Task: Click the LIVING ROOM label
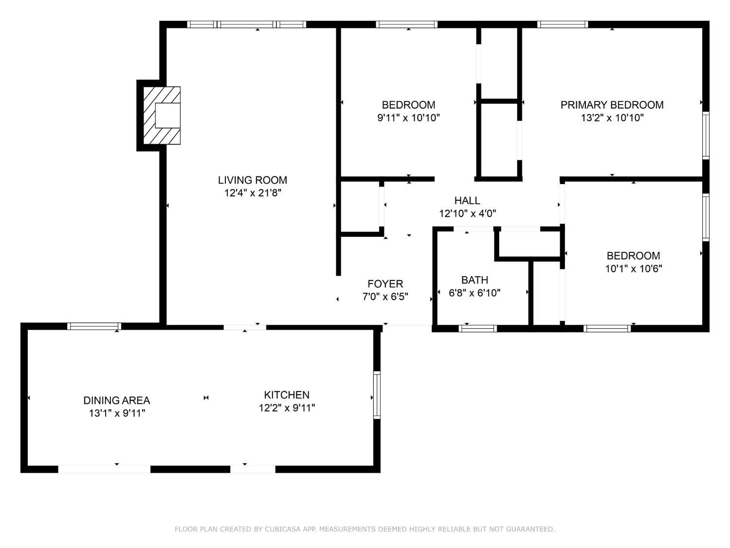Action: click(252, 180)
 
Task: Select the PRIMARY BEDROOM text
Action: click(612, 105)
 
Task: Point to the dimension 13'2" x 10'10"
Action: click(612, 118)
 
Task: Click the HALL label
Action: click(467, 201)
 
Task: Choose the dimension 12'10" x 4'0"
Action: click(467, 213)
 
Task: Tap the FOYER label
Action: click(385, 284)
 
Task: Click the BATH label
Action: click(474, 280)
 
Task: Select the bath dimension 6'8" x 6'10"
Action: click(474, 293)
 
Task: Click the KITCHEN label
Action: click(287, 395)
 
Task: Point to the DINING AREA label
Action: click(117, 400)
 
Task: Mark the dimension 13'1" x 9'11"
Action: click(117, 413)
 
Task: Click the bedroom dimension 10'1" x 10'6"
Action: click(633, 268)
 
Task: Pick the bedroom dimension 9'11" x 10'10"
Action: click(408, 118)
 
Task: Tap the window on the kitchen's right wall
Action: click(377, 395)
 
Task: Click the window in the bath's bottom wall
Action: click(478, 328)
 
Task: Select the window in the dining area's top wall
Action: click(94, 326)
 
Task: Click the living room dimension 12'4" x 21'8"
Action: click(252, 193)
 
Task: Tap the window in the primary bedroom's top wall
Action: click(563, 24)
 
